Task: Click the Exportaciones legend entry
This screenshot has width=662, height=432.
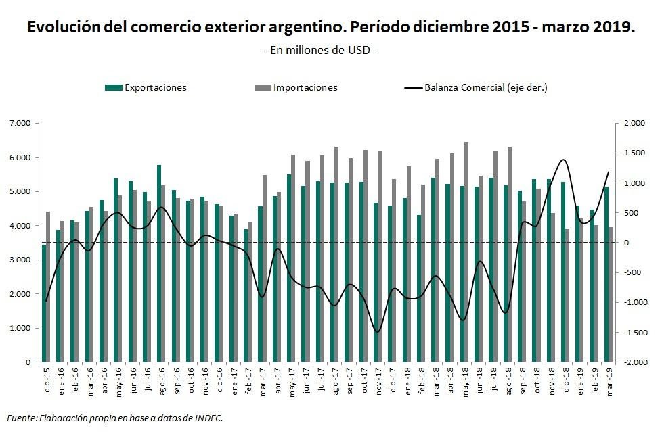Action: (155, 87)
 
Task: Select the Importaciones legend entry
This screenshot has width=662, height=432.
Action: (305, 87)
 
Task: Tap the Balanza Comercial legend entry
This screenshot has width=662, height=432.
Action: (485, 87)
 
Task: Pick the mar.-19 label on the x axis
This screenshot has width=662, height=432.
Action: (610, 382)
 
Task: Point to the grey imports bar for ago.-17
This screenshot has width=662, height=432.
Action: (336, 254)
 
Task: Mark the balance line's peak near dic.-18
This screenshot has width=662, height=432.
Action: (563, 160)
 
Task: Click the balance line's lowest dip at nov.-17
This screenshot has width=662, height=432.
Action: (377, 331)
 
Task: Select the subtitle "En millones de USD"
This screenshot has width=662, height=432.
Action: (318, 51)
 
